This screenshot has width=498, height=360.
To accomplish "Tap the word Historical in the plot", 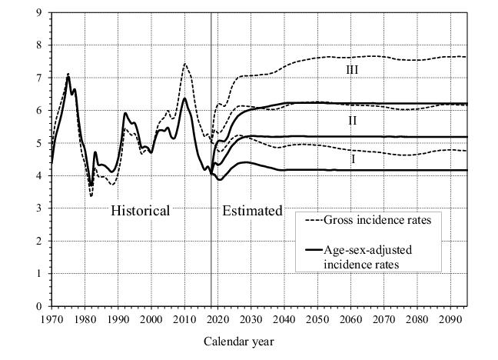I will [x=140, y=210].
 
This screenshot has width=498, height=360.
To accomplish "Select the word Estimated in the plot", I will [x=252, y=210].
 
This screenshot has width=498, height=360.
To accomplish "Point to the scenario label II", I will [x=352, y=121].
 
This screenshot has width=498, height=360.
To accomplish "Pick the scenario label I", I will [x=354, y=158].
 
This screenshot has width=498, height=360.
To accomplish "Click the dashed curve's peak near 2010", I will [x=184, y=64].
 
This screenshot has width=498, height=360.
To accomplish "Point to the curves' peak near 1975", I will [x=68, y=75].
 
